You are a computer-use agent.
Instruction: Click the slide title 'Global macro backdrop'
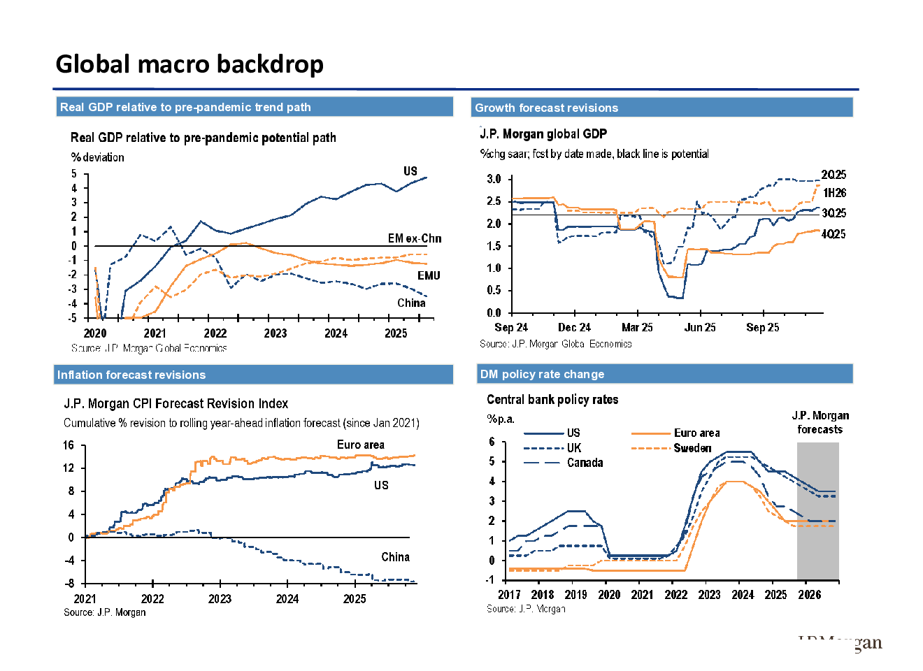point(189,64)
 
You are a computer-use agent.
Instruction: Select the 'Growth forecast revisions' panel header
point(546,108)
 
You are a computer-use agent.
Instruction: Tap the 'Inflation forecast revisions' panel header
point(131,375)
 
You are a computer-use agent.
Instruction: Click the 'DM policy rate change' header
point(542,374)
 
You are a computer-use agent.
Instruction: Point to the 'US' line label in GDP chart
point(410,171)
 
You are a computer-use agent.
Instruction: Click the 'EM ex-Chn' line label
point(415,238)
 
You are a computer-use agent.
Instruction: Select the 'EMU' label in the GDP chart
point(429,275)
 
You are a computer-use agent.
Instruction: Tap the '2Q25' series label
point(833,175)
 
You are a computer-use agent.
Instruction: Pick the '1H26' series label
point(834,193)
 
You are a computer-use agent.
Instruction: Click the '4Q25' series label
point(833,234)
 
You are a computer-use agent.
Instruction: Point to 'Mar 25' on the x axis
point(637,327)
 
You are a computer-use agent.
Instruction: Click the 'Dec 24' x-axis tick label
point(574,327)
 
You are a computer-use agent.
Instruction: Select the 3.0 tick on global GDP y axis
point(494,179)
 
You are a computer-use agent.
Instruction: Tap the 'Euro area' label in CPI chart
point(360,445)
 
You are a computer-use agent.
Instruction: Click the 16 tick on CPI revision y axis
point(69,445)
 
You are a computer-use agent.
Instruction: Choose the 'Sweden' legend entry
point(692,448)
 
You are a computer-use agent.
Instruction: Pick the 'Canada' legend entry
point(585,463)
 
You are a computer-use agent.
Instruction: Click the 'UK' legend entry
point(574,448)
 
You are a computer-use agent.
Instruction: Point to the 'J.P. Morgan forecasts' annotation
point(820,422)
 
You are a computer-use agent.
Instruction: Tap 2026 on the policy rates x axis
point(809,594)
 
